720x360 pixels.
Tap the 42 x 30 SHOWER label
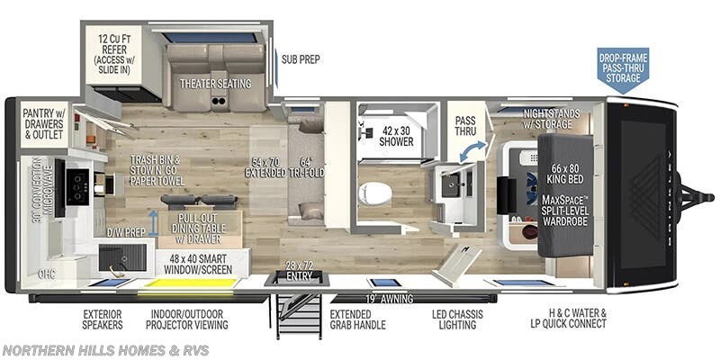coord(396,135)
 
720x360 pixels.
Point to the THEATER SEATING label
coord(215,84)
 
